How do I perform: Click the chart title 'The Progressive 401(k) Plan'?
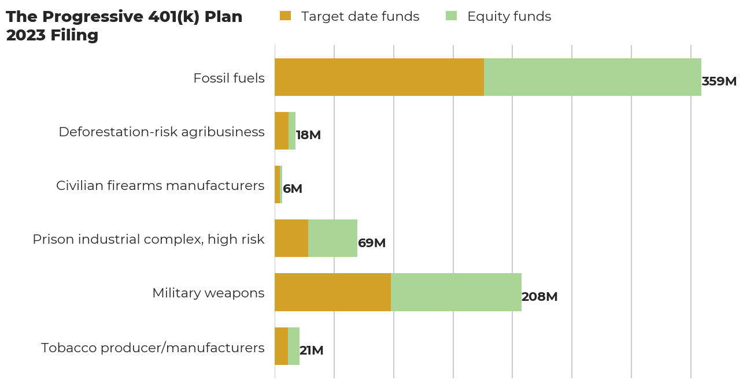click(x=124, y=17)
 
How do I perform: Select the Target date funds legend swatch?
click(x=285, y=16)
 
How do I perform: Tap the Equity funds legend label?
click(x=509, y=17)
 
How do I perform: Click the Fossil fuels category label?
click(x=229, y=78)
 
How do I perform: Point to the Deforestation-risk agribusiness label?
click(x=161, y=132)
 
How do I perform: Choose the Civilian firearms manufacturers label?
click(x=160, y=185)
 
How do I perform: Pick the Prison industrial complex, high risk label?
click(x=148, y=239)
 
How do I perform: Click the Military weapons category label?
click(x=208, y=293)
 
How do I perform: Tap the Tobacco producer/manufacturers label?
click(x=153, y=348)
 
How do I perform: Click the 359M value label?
click(x=719, y=81)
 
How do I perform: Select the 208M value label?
click(x=539, y=297)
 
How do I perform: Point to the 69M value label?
click(x=372, y=243)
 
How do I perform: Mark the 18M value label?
click(x=308, y=135)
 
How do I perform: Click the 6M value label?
click(x=293, y=189)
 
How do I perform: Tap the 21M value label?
click(x=312, y=351)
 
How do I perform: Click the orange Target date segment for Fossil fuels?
click(x=379, y=77)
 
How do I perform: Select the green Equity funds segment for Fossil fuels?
click(x=592, y=77)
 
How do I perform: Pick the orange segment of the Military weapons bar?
click(x=332, y=292)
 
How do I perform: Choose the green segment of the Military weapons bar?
click(x=456, y=292)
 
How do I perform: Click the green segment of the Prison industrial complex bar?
click(x=332, y=238)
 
